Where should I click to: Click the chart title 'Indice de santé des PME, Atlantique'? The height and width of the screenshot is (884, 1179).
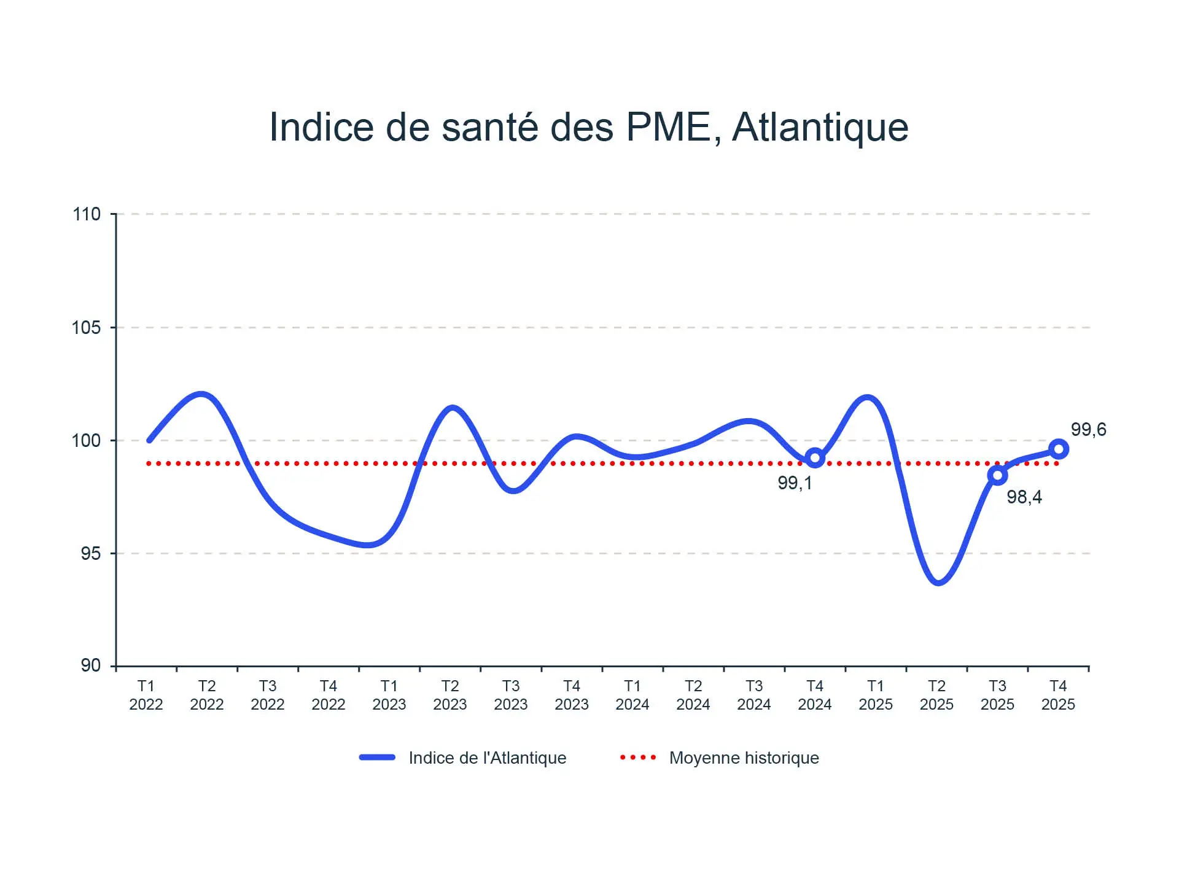coord(589,127)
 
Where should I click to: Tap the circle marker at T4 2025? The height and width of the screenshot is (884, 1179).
coord(1058,449)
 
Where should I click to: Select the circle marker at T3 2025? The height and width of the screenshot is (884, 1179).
coord(997,475)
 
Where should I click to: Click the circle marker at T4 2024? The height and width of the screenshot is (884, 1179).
coord(815,458)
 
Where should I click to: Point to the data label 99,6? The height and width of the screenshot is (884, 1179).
coord(1088,430)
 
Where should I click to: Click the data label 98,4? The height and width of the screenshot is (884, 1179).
coord(1024,497)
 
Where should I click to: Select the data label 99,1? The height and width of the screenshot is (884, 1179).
coord(795,483)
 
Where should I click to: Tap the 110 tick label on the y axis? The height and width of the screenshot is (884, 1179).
coord(86,214)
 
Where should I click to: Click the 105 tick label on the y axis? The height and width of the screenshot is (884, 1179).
coord(86,328)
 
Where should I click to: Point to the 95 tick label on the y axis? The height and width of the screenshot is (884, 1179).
coord(90,554)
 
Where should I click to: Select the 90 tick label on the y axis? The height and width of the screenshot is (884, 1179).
coord(90,665)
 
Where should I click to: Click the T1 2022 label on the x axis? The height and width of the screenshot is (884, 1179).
coord(146,695)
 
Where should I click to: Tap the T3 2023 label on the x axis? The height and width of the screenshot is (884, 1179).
coord(511,695)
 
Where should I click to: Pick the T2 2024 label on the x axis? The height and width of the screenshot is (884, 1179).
coord(693,695)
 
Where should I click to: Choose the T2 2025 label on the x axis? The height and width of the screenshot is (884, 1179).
coord(936,695)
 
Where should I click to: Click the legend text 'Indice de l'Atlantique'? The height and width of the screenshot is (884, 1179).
coord(488,758)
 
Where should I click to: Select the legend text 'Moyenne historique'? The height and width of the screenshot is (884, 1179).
coord(744,758)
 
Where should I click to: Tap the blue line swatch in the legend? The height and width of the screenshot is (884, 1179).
coord(377,758)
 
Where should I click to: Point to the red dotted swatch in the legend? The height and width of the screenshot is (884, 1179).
coord(638,758)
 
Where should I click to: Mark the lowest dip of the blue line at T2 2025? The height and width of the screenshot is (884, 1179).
coord(938,582)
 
